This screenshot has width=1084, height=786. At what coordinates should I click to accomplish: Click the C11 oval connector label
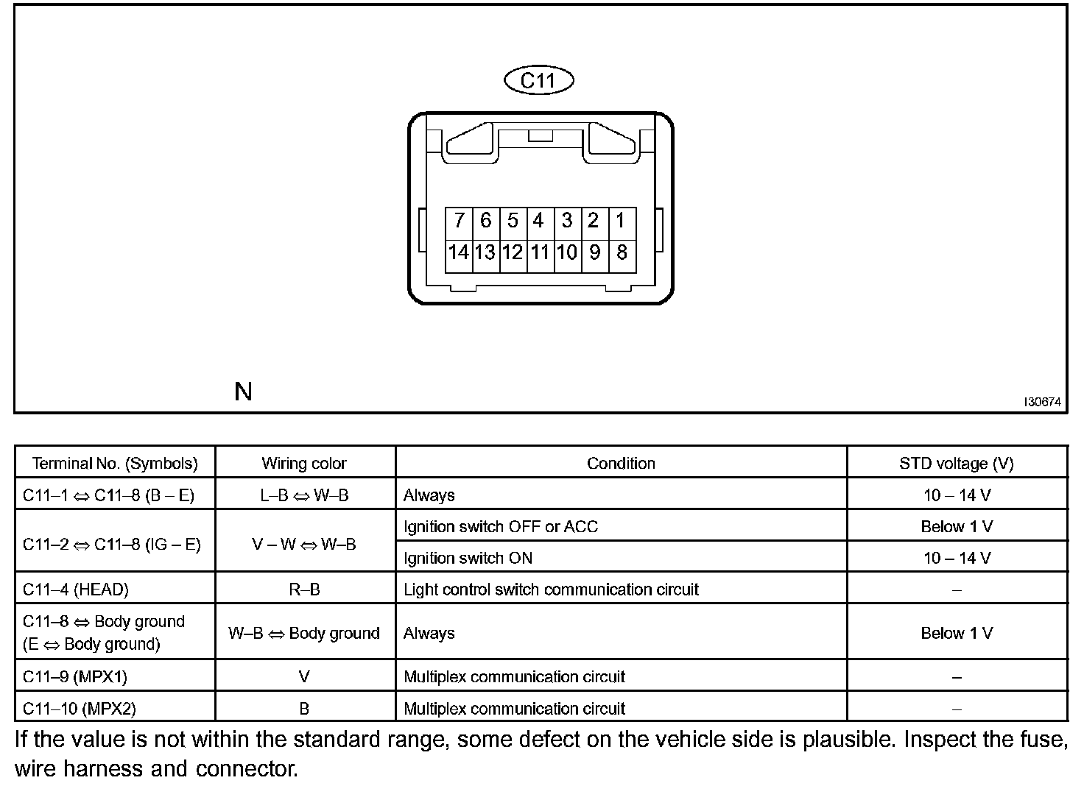point(538,79)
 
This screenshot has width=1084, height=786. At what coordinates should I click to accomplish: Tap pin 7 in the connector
point(459,221)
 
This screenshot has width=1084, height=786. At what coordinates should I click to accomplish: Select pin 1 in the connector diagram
point(621,221)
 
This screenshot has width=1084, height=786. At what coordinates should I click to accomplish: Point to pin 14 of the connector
point(458,252)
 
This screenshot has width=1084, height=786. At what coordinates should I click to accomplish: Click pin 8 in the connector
point(622,252)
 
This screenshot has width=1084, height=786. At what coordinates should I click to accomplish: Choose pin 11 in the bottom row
point(540,252)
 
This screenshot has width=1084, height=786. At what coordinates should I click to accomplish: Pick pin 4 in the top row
point(539,221)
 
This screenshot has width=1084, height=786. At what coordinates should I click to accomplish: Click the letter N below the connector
point(243,392)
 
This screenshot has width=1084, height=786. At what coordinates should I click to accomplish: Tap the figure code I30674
point(1042,402)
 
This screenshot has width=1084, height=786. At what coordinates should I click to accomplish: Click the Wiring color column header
point(304,464)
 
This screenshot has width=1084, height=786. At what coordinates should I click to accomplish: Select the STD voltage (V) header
point(956,464)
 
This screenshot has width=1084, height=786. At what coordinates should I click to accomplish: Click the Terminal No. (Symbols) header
point(115,464)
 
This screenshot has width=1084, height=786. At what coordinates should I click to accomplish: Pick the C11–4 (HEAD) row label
point(76,589)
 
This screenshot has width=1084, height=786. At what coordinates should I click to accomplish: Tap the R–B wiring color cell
point(304,589)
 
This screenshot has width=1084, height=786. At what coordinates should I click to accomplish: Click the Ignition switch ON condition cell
point(468,558)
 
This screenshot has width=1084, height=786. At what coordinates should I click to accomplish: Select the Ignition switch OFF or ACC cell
point(501,526)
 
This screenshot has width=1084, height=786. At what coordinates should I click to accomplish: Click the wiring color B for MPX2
point(304,709)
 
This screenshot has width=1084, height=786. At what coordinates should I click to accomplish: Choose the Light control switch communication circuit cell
point(551,589)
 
